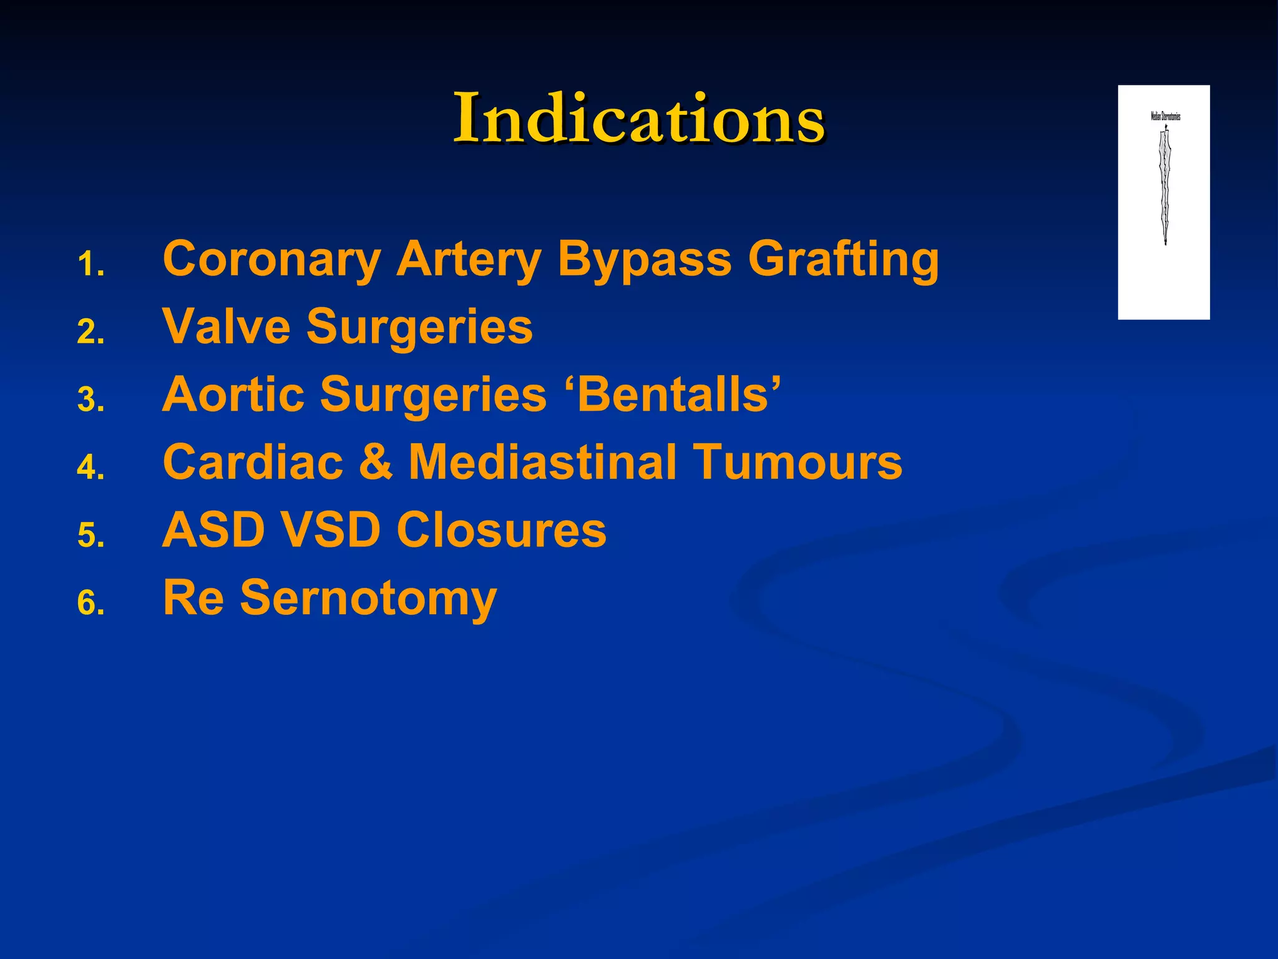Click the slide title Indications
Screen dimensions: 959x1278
[x=638, y=118]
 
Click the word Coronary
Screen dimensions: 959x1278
[x=271, y=259]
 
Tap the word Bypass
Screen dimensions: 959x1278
[x=644, y=259]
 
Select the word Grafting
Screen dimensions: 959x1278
[x=843, y=259]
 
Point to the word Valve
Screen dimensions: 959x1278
[x=226, y=327]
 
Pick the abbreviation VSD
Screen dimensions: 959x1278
[x=330, y=530]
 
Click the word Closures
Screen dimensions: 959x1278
[x=501, y=530]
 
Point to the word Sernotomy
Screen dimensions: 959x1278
[x=368, y=599]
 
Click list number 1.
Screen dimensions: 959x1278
[x=91, y=265]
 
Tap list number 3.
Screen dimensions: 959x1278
[x=91, y=400]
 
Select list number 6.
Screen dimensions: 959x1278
[x=91, y=604]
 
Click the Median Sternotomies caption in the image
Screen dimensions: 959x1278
[x=1165, y=116]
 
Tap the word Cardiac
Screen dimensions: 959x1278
[x=253, y=463]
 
